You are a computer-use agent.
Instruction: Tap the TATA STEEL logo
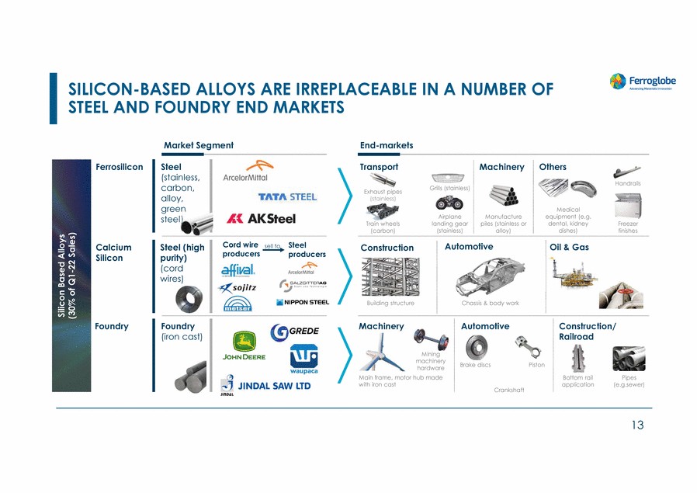[x=287, y=196]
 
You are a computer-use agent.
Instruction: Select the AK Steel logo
[x=261, y=219]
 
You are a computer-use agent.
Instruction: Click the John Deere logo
[x=244, y=345]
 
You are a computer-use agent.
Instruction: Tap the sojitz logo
[x=238, y=287]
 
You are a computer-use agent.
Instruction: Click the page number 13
[x=637, y=424]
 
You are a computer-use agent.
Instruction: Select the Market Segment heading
[x=198, y=145]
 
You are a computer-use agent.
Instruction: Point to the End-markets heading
[x=387, y=145]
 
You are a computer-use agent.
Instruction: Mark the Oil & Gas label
[x=569, y=248]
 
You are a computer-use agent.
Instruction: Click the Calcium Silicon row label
[x=113, y=252]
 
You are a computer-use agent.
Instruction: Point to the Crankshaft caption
[x=508, y=390]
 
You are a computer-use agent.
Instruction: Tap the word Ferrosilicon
[x=119, y=167]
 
